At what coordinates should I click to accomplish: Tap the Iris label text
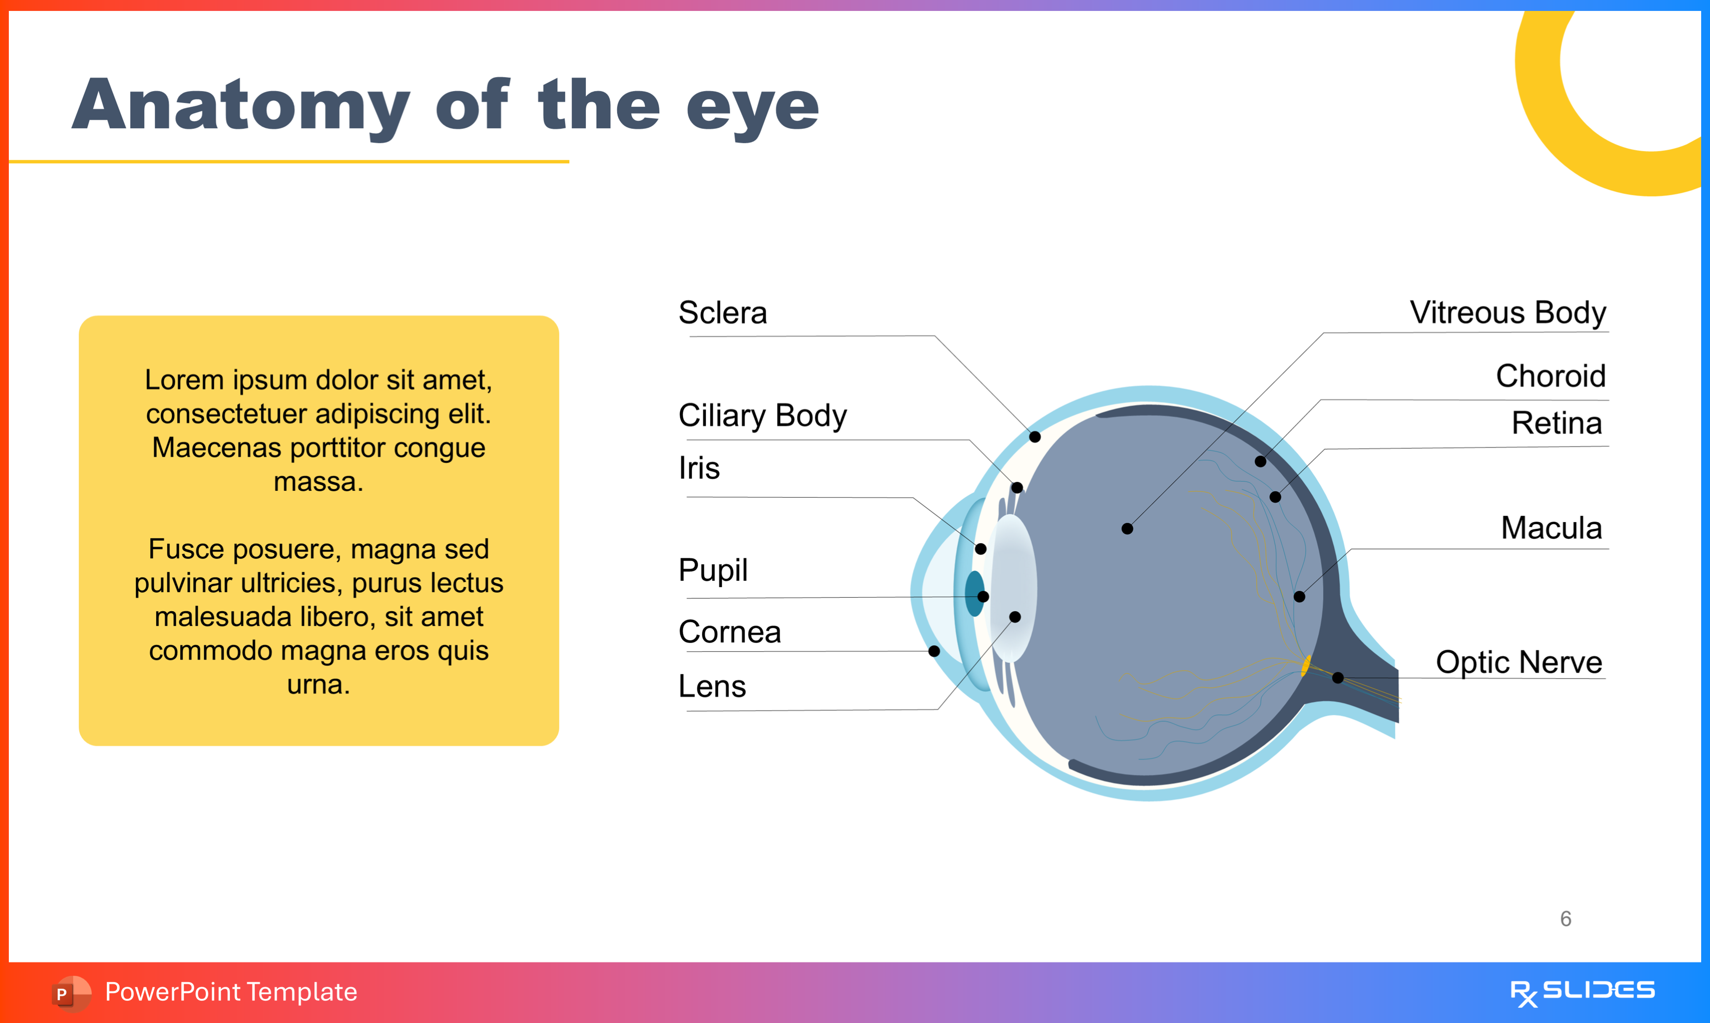point(699,468)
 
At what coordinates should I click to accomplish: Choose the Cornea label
point(729,632)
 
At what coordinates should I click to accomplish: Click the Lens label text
point(712,686)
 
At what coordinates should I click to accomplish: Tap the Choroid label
point(1550,376)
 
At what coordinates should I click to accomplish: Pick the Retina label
point(1556,423)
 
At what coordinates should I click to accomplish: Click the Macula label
point(1551,528)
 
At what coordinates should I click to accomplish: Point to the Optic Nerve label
point(1519,663)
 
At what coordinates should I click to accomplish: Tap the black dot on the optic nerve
point(1338,678)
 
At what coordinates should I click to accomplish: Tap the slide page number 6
point(1566,919)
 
